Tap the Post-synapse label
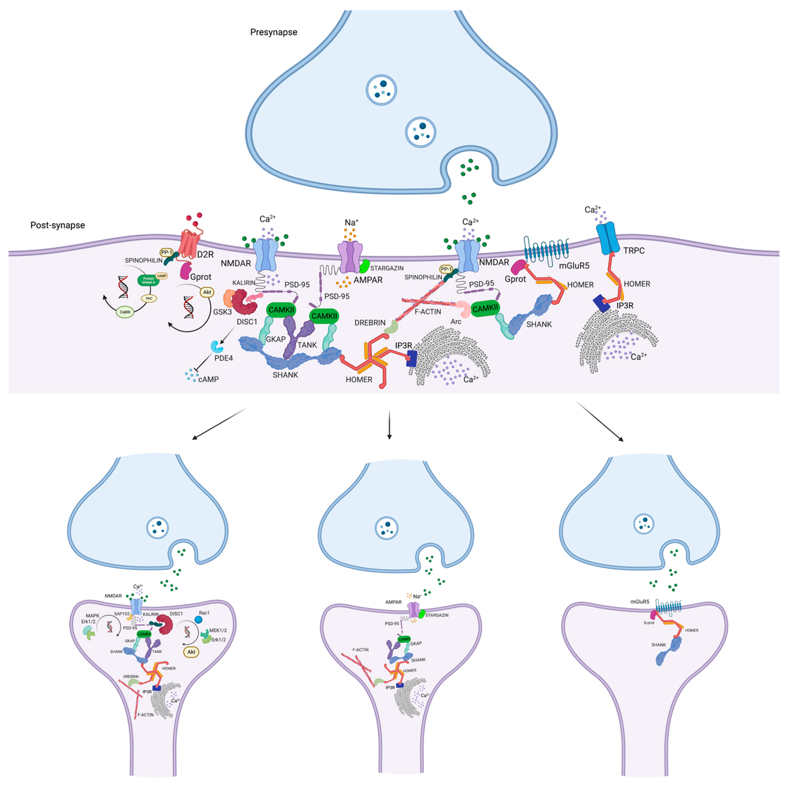tap(58, 225)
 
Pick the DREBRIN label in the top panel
tap(370, 322)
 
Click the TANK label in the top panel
tap(307, 345)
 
